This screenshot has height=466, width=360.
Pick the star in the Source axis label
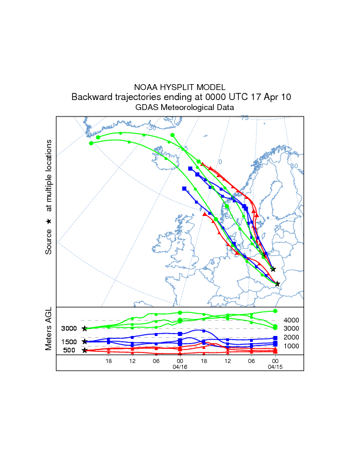49,221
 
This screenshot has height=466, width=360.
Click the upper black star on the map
273,269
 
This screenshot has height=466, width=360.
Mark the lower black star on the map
277,284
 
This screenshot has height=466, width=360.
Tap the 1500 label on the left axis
69,342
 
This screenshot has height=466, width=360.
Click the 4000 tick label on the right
292,320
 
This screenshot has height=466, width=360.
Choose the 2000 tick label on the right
292,337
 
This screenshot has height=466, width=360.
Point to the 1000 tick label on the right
292,346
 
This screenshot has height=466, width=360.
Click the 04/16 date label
179,367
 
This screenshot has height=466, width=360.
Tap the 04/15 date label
275,367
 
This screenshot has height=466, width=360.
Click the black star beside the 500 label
85,350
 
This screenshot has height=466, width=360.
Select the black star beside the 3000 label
85,328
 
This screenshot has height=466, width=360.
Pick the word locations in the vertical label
49,163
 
